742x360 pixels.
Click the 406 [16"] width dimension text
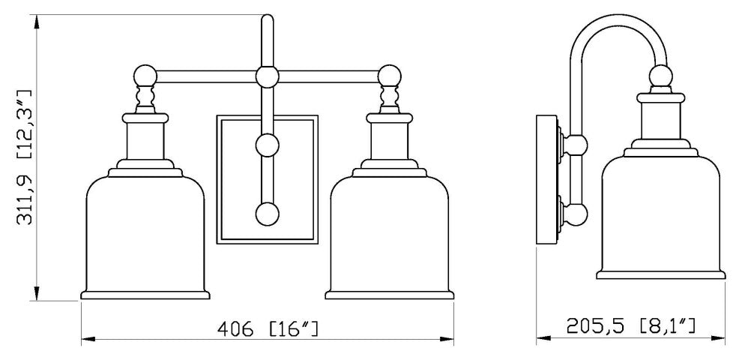click(x=268, y=328)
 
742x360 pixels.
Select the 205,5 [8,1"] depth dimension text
click(x=630, y=325)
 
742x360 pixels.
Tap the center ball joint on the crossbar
click(x=268, y=76)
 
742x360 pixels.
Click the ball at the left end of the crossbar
click(x=145, y=76)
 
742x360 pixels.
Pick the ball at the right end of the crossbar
click(x=390, y=76)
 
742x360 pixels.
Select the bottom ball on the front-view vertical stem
click(x=268, y=214)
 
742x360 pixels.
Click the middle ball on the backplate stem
click(x=268, y=145)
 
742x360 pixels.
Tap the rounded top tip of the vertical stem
click(x=268, y=18)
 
